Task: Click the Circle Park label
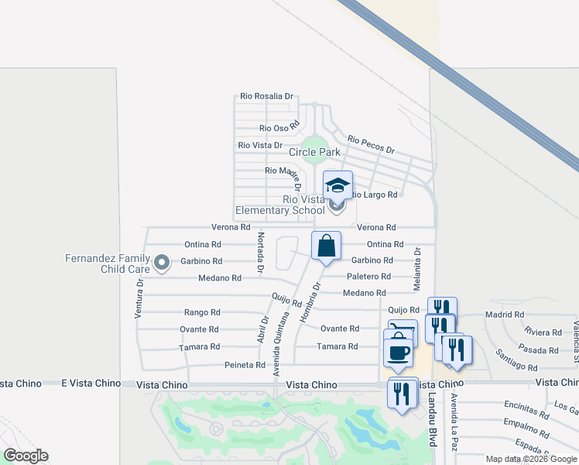pos(314,153)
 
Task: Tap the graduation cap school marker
pos(337,185)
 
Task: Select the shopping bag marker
pos(327,246)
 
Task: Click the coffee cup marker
pos(399,353)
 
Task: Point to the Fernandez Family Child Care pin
pos(162,263)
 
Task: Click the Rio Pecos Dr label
pos(371,144)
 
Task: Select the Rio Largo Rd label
pos(375,195)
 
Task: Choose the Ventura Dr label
pos(139,299)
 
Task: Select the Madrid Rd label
pos(504,315)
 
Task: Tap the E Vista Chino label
pos(31,384)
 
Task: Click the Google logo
pos(26,456)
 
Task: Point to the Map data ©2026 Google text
pos(531,459)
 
